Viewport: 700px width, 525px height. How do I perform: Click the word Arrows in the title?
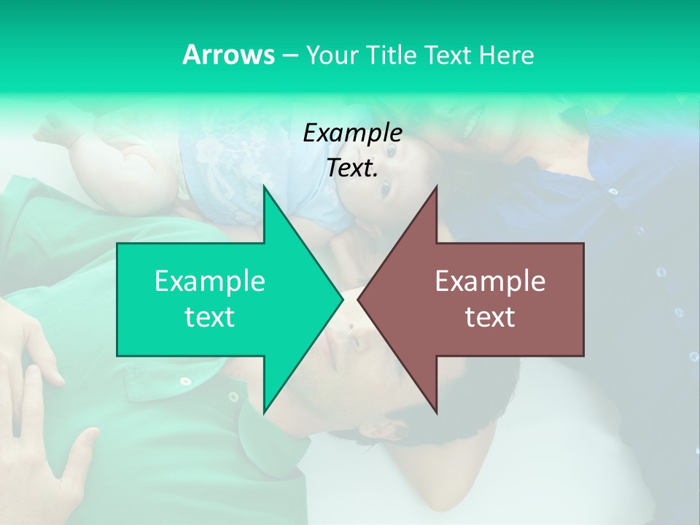(x=228, y=55)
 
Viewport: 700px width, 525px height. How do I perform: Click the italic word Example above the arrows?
(x=352, y=133)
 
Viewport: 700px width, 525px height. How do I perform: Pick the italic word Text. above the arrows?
(x=352, y=168)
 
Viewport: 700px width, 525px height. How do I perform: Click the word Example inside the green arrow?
(x=209, y=281)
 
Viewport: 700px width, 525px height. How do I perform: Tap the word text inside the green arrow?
(x=209, y=317)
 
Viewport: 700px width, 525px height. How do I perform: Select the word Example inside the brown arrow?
(x=490, y=281)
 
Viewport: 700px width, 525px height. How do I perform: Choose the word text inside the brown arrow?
(x=490, y=317)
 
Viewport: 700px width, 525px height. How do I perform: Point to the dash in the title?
(x=289, y=55)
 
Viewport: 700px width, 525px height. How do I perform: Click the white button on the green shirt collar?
(x=233, y=397)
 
